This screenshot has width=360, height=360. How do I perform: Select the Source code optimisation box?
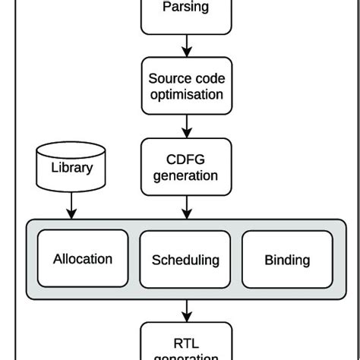pyautogui.click(x=185, y=86)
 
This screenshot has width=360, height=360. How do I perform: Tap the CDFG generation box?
pyautogui.click(x=185, y=166)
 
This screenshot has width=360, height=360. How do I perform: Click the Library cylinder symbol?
pyautogui.click(x=71, y=166)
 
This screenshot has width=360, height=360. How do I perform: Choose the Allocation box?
pyautogui.click(x=83, y=259)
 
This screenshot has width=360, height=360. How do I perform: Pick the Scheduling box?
pyautogui.click(x=185, y=259)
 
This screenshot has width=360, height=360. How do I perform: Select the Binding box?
pyautogui.click(x=287, y=259)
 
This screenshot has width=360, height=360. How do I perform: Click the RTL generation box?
pyautogui.click(x=185, y=341)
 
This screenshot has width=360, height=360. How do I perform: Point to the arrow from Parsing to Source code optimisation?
pyautogui.click(x=185, y=47)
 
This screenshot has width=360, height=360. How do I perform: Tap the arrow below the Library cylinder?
pyautogui.click(x=71, y=204)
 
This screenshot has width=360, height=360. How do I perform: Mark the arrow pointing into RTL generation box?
pyautogui.click(x=185, y=310)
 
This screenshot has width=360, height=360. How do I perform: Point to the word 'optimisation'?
pyautogui.click(x=185, y=95)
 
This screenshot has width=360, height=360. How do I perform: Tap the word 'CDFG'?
pyautogui.click(x=185, y=158)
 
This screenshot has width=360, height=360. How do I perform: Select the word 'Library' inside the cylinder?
pyautogui.click(x=71, y=168)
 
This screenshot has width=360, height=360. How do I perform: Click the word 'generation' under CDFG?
pyautogui.click(x=185, y=175)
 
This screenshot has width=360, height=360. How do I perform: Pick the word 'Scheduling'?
pyautogui.click(x=185, y=260)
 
